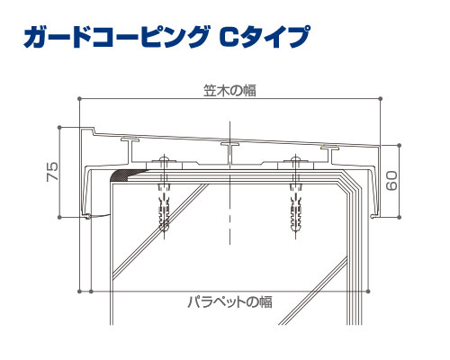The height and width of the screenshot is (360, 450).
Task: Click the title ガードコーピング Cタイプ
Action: click(x=166, y=37)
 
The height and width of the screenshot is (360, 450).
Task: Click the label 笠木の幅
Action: click(x=229, y=90)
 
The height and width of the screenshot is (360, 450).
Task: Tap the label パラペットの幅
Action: click(x=230, y=301)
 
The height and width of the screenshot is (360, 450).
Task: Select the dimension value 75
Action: click(x=52, y=171)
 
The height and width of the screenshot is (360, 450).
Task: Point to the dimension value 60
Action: click(x=391, y=181)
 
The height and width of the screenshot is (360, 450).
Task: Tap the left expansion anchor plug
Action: click(x=164, y=207)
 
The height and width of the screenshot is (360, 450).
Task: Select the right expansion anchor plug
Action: click(x=295, y=207)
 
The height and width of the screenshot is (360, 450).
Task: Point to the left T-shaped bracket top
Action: click(x=130, y=139)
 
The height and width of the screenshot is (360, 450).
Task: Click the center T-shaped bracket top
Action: click(x=230, y=144)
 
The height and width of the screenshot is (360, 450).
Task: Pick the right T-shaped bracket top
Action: click(x=329, y=147)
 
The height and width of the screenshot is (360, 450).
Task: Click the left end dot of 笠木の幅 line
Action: click(x=79, y=98)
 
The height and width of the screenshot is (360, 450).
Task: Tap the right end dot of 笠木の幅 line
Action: click(x=381, y=98)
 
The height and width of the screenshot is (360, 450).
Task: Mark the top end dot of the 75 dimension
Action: click(x=59, y=128)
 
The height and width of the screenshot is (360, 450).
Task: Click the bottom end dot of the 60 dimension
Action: click(x=399, y=217)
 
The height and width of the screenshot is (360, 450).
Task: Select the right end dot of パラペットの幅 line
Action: click(x=368, y=292)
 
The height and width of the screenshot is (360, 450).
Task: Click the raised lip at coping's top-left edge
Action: click(x=87, y=130)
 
